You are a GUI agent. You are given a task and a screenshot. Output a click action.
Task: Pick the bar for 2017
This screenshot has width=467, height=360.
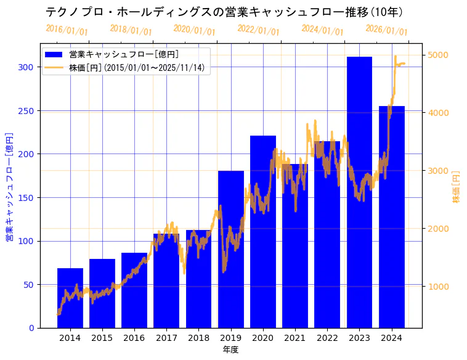pos(166,280)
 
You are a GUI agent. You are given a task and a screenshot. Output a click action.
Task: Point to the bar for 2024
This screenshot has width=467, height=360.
pos(392,216)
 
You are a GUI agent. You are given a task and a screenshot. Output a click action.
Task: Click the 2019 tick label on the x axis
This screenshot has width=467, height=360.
pos(230,337)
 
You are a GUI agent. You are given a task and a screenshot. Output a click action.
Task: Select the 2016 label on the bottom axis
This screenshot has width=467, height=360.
pos(134,337)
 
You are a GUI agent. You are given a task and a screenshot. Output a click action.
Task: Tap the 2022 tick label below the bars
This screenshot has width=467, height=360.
pos(327,337)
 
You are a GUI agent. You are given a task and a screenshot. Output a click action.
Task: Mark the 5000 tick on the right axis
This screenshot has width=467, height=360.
pos(438,55)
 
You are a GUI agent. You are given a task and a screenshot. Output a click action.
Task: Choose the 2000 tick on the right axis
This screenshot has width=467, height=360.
pos(438,229)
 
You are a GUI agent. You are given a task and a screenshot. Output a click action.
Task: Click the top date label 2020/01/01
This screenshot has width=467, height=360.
pos(195,30)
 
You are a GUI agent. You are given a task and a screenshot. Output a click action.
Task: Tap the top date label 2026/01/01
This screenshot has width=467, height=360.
pos(386,30)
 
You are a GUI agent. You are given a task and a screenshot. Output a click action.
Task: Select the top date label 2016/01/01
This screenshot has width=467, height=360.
pos(67,30)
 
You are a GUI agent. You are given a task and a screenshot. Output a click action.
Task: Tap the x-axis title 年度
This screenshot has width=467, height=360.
pos(230,350)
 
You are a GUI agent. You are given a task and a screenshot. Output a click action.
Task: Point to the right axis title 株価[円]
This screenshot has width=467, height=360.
pos(457,186)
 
